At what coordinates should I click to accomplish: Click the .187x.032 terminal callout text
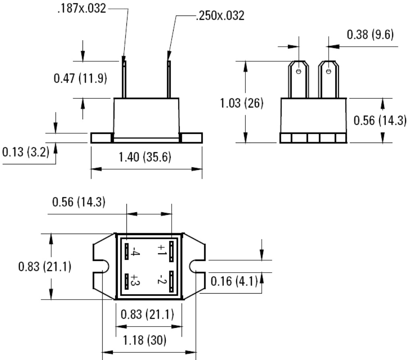coord(82,9)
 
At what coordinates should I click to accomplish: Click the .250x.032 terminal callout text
coord(220,16)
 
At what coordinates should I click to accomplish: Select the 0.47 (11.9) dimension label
coord(81,78)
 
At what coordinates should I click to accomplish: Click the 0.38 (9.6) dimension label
coord(370,35)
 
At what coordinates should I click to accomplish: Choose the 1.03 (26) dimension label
coord(242,103)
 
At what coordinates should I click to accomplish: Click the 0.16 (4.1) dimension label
coord(234,281)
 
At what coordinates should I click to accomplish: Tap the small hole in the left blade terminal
coord(298,72)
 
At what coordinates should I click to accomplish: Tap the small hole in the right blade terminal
coord(329,72)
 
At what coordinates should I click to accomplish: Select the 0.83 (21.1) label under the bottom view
coord(148,314)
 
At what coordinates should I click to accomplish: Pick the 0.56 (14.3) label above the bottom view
coord(79,202)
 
